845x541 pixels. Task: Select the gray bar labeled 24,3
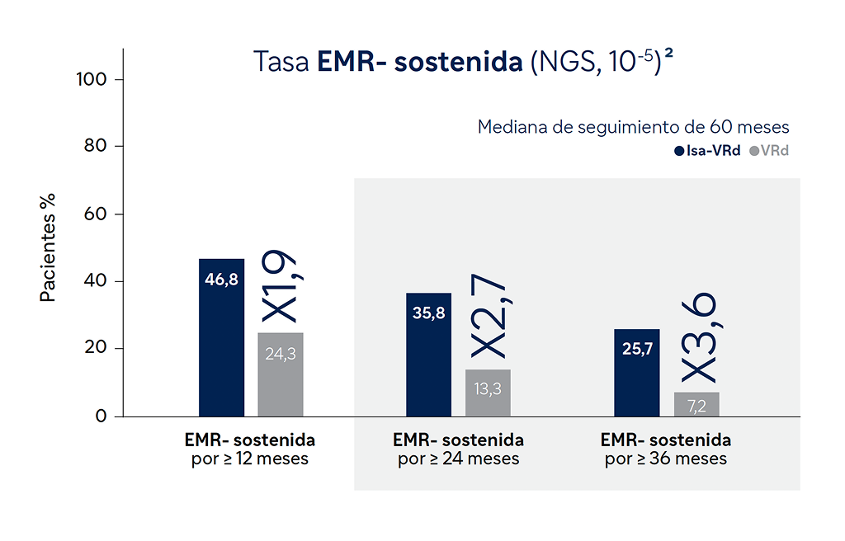coord(281,374)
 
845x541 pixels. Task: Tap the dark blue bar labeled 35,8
coord(428,355)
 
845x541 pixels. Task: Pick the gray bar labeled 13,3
coord(488,393)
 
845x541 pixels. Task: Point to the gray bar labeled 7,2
coord(696,404)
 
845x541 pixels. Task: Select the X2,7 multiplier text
coord(489,318)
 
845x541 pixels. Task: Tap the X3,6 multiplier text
coord(697,338)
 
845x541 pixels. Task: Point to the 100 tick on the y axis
coord(92,80)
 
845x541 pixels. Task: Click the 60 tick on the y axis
coord(96,214)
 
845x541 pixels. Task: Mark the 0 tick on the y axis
coord(101,416)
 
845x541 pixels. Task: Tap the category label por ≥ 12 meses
coord(250,459)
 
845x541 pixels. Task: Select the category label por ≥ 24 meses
coord(458,459)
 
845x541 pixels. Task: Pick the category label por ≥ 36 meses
coord(666,459)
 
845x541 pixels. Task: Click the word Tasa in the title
coord(281,64)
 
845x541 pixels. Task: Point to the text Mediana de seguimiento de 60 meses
coord(634,127)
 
